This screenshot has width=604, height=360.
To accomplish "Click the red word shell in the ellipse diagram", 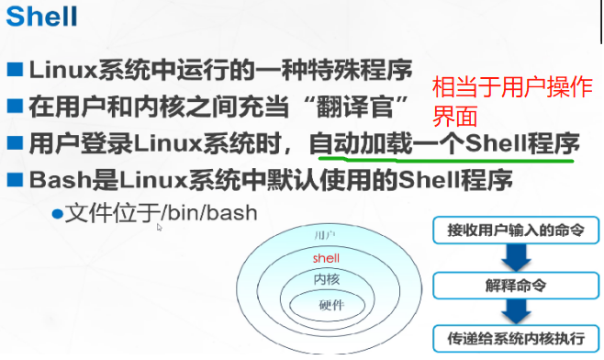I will click(x=326, y=258).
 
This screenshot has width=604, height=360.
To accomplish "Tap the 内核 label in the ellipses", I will click(x=326, y=278).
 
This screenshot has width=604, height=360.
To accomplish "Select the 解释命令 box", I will click(x=517, y=283).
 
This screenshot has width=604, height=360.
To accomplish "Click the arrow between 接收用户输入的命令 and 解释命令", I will click(x=516, y=256).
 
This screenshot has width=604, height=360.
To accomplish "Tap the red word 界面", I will click(x=453, y=118).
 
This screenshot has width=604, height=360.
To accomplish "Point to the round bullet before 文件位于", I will click(x=56, y=213).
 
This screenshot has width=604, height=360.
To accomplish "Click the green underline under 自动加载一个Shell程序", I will click(x=441, y=157).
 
